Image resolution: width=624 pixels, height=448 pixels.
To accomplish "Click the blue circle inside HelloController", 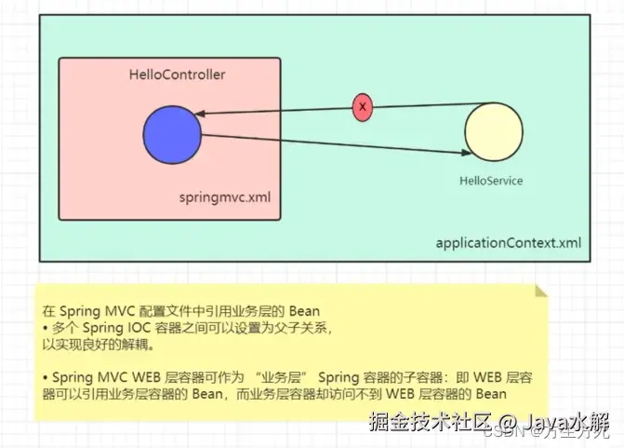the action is [x=173, y=134].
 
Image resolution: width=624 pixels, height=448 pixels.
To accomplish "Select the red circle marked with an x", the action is [x=363, y=108].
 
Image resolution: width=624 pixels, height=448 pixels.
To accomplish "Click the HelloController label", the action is [x=177, y=74].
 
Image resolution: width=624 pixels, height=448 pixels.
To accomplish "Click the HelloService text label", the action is [x=491, y=180].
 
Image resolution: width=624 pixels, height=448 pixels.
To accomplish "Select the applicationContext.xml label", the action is [x=509, y=243].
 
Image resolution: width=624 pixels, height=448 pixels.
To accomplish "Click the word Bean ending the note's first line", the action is [x=304, y=309].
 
